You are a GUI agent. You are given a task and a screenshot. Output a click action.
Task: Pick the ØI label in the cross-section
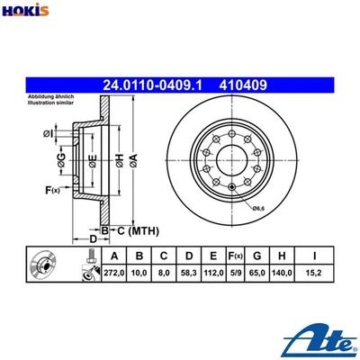[49, 135]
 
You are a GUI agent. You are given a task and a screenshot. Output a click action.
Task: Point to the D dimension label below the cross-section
[91, 238]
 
